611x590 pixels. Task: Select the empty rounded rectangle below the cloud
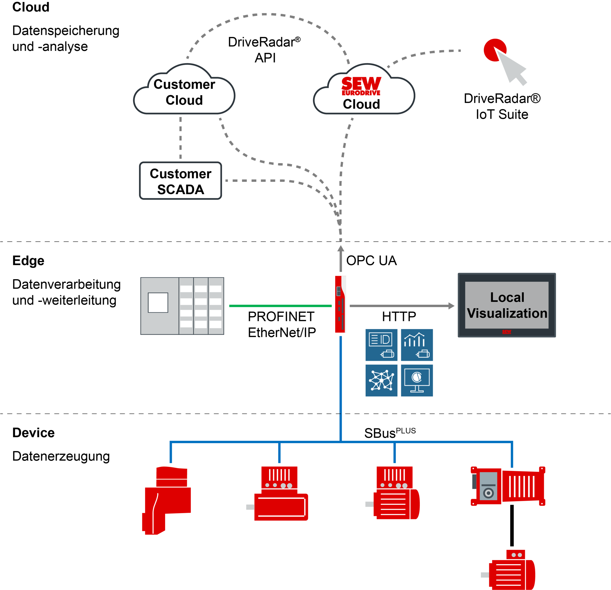pyautogui.click(x=181, y=181)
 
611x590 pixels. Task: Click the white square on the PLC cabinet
pyautogui.click(x=158, y=303)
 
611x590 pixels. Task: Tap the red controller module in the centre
pyautogui.click(x=341, y=304)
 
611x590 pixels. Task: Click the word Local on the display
pyautogui.click(x=507, y=297)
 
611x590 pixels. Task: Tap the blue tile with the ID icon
pyautogui.click(x=381, y=345)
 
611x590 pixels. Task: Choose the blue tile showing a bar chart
pyautogui.click(x=417, y=345)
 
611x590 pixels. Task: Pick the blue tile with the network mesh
pyautogui.click(x=381, y=380)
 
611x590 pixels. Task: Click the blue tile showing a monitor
pyautogui.click(x=417, y=380)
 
